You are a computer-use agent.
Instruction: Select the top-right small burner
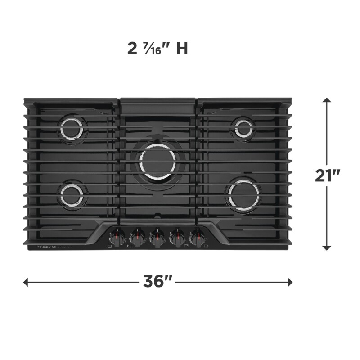pos(243,128)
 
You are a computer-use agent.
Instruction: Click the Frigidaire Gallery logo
pos(50,247)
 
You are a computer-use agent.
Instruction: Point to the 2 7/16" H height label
pos(157,49)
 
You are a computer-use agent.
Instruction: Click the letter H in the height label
pos(182,49)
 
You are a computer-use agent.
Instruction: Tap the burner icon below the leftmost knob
pos(110,247)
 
